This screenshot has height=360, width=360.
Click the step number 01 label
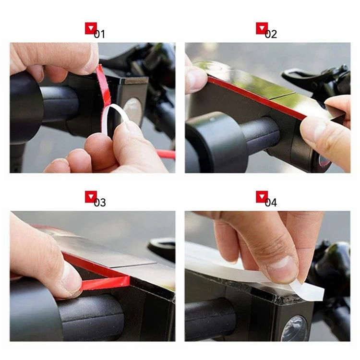tap(99, 34)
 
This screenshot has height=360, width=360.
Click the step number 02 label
tap(271, 34)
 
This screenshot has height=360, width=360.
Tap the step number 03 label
tap(100, 203)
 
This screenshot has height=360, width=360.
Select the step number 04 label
tap(271, 203)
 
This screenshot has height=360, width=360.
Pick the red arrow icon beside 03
tap(91, 197)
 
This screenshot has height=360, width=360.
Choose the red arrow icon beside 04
tap(262, 197)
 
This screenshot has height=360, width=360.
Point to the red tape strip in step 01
tap(103, 85)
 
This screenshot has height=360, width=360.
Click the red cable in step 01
tap(165, 154)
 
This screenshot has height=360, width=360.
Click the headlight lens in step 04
tap(295, 328)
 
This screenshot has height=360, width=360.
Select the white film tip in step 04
tap(308, 289)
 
